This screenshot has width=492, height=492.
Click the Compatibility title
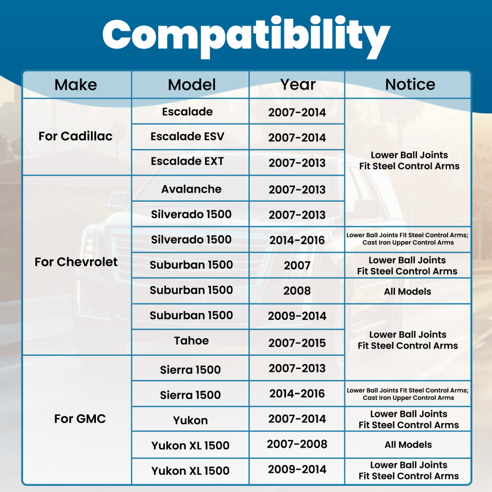(246, 37)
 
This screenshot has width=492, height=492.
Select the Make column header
(76, 85)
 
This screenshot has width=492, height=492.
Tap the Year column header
(298, 85)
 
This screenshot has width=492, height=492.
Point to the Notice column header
(410, 85)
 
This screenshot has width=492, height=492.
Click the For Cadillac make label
(75, 136)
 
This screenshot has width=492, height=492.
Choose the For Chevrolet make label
(76, 262)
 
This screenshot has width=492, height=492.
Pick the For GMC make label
(80, 419)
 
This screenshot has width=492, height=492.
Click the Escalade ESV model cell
(187, 136)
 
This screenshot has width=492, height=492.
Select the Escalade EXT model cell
(187, 161)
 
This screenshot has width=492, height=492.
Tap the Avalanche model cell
(191, 189)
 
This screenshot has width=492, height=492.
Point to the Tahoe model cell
(191, 341)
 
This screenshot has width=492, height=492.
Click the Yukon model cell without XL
(190, 420)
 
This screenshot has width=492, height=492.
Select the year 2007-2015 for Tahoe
(297, 343)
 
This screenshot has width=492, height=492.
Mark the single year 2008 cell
(297, 291)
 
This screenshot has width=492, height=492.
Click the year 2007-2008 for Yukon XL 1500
(297, 444)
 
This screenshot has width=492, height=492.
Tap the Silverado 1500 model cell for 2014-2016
(191, 240)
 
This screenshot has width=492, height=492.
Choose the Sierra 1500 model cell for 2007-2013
(190, 370)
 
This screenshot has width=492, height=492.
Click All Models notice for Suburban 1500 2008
(407, 291)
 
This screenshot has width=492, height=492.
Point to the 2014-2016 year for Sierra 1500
(297, 394)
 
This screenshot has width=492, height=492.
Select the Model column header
(192, 85)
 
